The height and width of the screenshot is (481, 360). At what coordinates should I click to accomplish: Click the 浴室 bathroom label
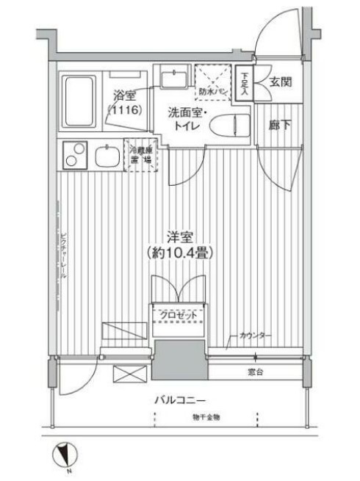[125, 95]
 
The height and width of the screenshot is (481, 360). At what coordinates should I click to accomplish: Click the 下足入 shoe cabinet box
[243, 83]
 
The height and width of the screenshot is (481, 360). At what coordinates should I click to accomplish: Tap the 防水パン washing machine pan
[212, 83]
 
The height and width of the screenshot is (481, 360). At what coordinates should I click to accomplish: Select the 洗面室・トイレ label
[188, 120]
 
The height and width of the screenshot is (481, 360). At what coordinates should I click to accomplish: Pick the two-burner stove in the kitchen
[73, 156]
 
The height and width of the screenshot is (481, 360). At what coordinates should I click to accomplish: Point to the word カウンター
[256, 336]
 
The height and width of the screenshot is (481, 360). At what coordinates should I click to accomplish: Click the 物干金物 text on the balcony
[206, 417]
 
